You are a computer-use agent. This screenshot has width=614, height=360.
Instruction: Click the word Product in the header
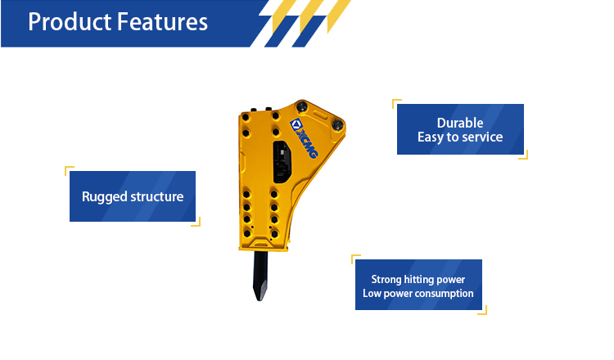70,22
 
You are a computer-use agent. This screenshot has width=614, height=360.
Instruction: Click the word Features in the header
163,22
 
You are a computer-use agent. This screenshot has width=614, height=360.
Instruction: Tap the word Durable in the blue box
460,123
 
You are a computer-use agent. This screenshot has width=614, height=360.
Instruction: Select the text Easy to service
460,137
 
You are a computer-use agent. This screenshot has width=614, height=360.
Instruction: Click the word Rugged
105,197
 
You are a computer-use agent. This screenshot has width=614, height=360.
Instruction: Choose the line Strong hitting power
418,279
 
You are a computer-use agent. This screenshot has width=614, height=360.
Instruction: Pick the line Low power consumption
418,293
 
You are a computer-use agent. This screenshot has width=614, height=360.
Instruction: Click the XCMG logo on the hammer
304,138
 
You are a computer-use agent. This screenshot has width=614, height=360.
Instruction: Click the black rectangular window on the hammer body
282,162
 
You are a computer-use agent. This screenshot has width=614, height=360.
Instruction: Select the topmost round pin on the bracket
302,106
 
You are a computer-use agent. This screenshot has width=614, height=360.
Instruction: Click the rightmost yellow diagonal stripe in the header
339,16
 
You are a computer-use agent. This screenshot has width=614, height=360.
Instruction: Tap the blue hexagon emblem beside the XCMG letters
296,124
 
